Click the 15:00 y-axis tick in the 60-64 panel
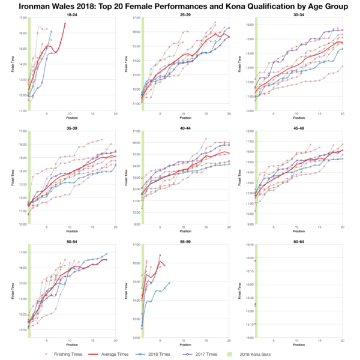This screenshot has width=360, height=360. click(x=247, y=338)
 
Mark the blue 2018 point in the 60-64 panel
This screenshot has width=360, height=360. click(x=256, y=324)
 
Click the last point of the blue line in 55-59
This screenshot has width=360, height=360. click(x=170, y=283)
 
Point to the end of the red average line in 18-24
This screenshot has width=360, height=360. click(x=65, y=23)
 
